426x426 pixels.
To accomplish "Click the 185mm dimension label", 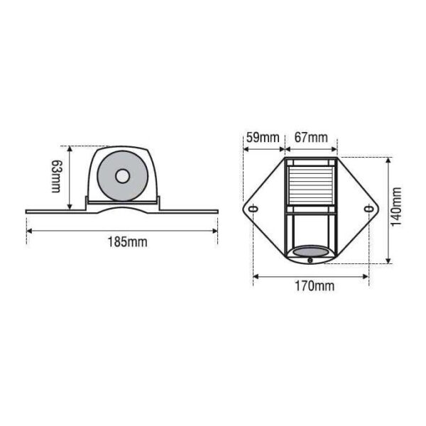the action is coord(128,242).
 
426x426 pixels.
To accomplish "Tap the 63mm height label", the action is coord(57,176).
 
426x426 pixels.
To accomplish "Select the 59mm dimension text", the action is coord(263,137).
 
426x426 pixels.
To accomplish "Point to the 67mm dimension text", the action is coord(312,137).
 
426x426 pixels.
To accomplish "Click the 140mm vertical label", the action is coord(396,207).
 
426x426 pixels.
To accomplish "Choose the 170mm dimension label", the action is coord(315,286).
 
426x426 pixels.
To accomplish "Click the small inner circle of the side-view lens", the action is coord(123,176).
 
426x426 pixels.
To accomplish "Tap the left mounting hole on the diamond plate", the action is coord(253,209).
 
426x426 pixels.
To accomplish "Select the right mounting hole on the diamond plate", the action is coord(368,209).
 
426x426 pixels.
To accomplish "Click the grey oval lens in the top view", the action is coord(311,251).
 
